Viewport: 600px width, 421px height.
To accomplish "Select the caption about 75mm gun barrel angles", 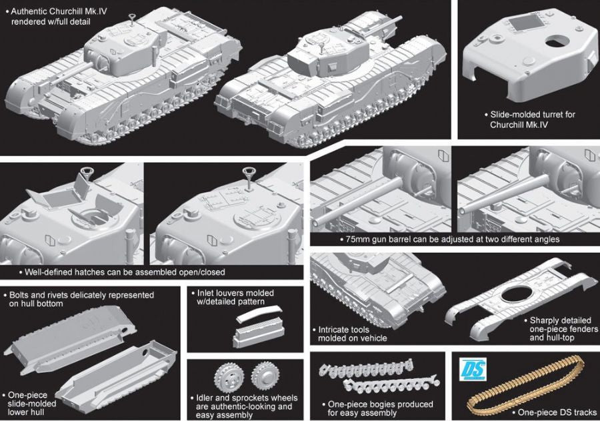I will (x=449, y=239).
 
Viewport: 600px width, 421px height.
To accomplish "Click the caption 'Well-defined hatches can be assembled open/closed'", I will (x=120, y=272).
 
